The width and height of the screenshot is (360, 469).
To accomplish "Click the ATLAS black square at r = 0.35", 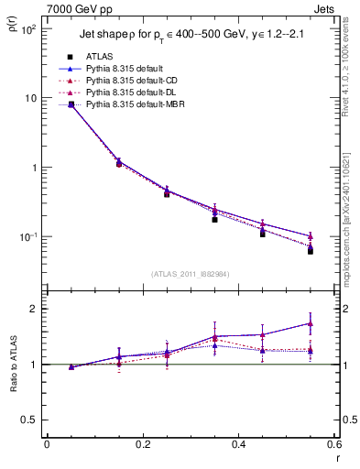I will tap(214, 219).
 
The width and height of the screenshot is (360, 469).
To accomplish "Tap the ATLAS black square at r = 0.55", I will tap(311, 250).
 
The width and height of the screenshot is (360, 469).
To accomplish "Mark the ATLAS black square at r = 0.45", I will tap(262, 234).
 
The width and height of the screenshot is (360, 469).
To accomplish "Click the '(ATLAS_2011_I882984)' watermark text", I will tap(190, 273).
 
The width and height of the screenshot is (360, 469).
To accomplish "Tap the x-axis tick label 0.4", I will tap(237, 446).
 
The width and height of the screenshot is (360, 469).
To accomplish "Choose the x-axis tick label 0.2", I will tap(142, 446).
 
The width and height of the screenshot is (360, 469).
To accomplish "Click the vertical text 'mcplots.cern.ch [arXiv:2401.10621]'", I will tap(352, 220).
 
